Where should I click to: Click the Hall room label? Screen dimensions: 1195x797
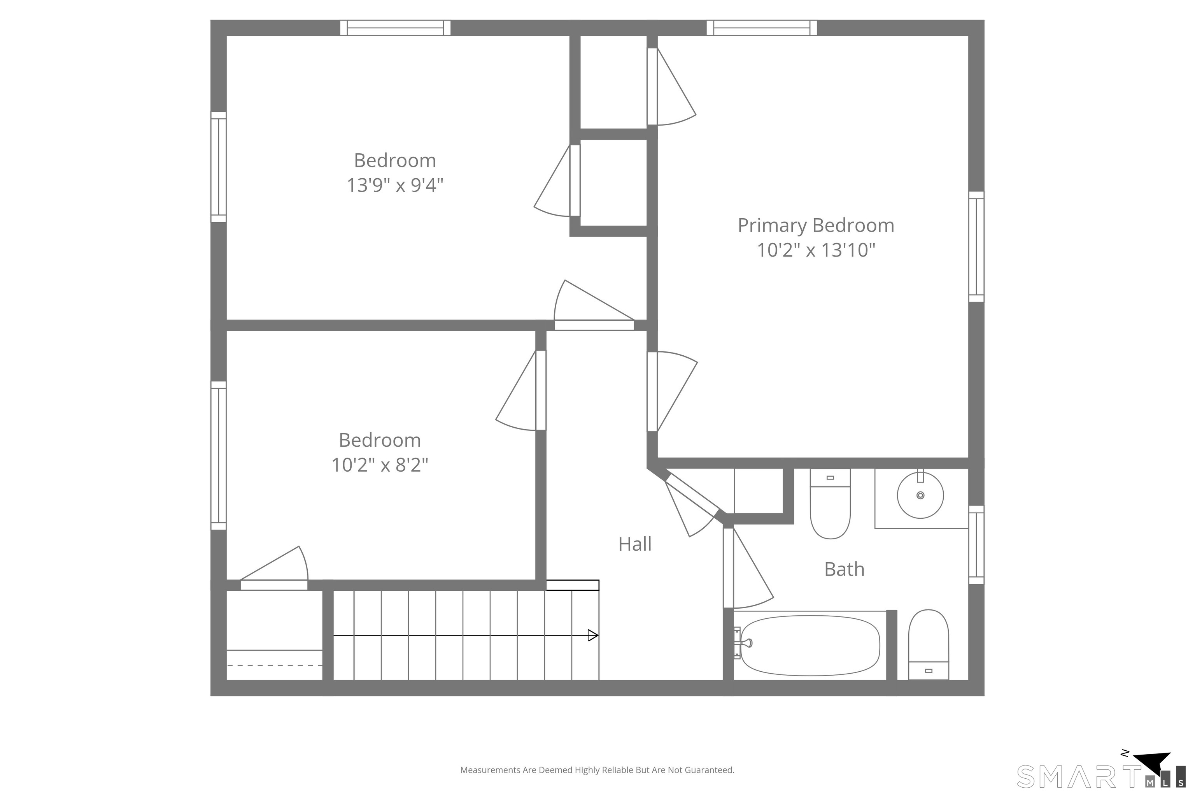pos(634,544)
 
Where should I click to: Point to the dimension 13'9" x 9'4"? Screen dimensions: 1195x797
pos(395,185)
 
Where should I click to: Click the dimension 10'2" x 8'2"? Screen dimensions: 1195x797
pos(380,465)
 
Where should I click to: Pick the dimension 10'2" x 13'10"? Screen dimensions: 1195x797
pos(816,250)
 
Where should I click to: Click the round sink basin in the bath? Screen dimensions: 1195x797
pos(920,495)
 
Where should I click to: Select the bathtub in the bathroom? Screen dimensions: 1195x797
pos(810,646)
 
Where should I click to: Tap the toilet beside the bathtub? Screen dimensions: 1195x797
pos(928,644)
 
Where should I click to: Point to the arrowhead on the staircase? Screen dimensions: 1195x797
pos(593,635)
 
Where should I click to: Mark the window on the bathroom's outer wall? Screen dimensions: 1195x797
pos(976,544)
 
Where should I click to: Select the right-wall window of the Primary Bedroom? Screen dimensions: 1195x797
pos(976,246)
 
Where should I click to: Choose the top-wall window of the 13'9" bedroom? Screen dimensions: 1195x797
pos(395,28)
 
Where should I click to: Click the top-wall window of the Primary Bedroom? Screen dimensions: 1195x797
pos(762,28)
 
